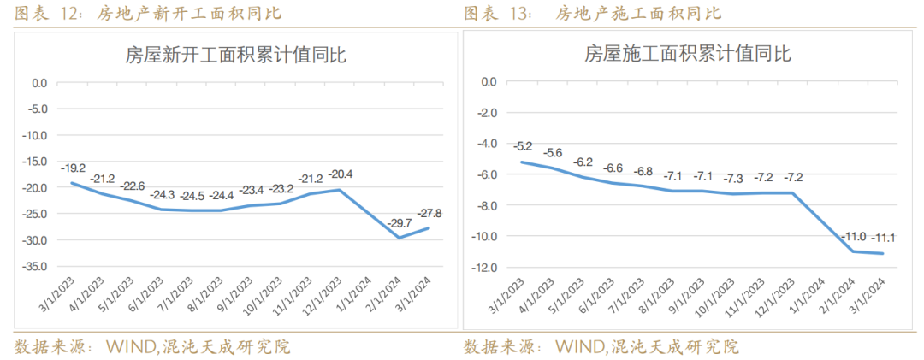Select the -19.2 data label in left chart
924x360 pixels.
pyautogui.click(x=73, y=168)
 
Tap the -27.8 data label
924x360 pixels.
pyautogui.click(x=429, y=213)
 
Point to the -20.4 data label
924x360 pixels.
pyautogui.click(x=340, y=174)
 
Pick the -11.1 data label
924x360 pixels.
pyautogui.click(x=883, y=238)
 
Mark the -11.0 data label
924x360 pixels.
pyautogui.click(x=854, y=236)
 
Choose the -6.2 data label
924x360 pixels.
pyautogui.click(x=583, y=162)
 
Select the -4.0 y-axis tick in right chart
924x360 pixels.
pyautogui.click(x=488, y=144)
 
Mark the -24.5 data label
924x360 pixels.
pyautogui.click(x=192, y=196)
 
